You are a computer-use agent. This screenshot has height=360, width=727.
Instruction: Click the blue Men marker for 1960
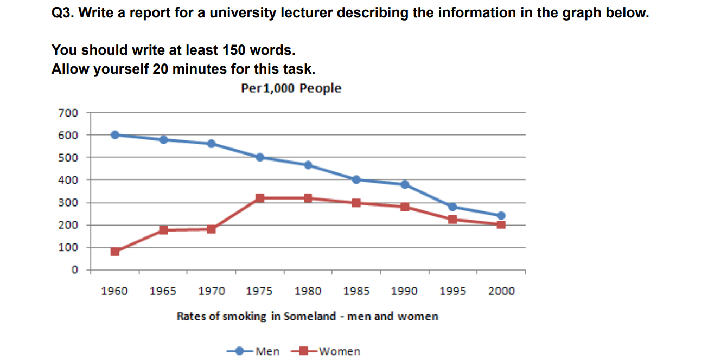115,135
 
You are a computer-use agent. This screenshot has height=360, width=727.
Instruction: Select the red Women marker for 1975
260,198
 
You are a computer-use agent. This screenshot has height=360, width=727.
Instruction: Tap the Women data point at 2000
501,224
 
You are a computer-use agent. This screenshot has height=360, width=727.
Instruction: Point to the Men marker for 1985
356,179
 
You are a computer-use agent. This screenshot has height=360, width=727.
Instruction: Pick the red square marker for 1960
115,252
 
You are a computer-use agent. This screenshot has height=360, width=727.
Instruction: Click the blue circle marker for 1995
452,207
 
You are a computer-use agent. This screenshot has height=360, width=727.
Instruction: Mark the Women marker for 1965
163,230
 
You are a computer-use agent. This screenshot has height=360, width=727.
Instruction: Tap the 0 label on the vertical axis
75,270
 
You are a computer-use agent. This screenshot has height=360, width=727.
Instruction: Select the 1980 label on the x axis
308,292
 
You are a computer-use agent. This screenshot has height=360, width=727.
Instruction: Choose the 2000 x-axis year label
501,292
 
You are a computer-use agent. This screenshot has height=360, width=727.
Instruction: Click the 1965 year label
163,292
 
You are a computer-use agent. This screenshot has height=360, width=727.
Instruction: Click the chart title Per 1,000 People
291,88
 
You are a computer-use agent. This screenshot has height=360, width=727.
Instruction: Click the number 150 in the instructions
234,50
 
